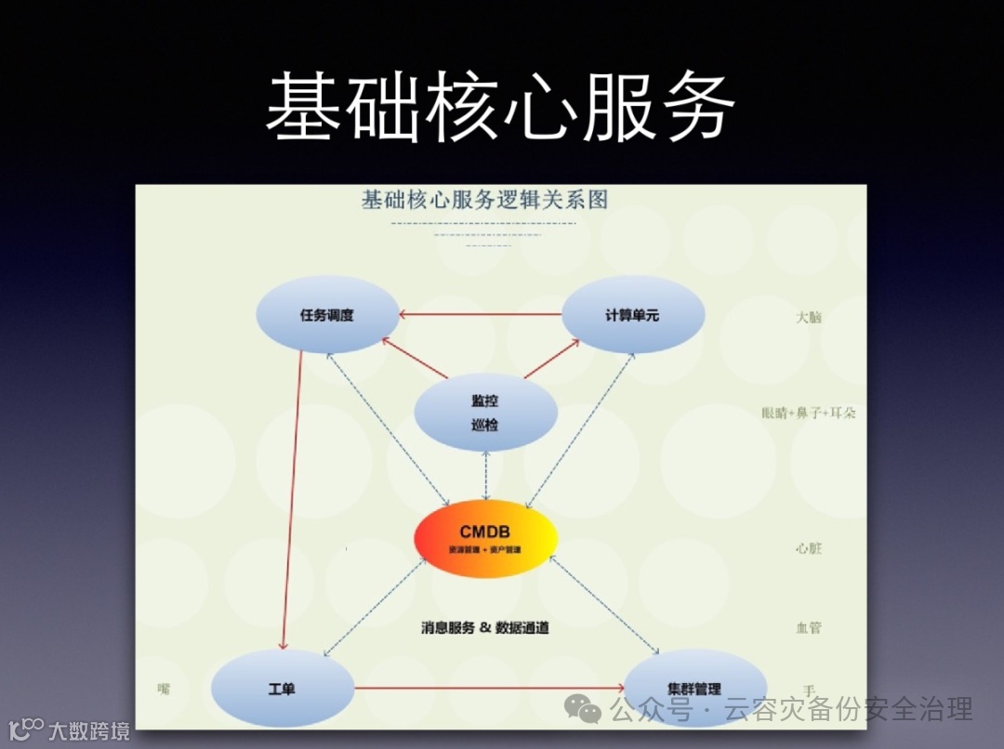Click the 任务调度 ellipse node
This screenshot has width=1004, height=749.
click(327, 315)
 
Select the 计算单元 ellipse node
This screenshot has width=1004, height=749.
click(632, 315)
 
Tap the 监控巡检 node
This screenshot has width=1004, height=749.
click(484, 413)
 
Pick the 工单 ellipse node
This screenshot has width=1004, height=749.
click(282, 690)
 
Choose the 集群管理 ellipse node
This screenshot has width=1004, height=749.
click(694, 689)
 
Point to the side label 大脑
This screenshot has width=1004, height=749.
click(809, 317)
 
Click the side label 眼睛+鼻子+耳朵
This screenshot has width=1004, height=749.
click(808, 413)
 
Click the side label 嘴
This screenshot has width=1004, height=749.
click(165, 689)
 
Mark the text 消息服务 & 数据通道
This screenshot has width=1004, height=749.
click(484, 628)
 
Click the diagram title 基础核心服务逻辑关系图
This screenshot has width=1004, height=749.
click(483, 200)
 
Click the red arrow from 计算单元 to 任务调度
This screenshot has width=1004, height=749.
click(482, 314)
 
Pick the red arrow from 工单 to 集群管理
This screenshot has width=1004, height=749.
click(488, 689)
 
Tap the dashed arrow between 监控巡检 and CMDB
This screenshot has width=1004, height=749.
click(485, 475)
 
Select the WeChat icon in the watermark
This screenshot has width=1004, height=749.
click(589, 712)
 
